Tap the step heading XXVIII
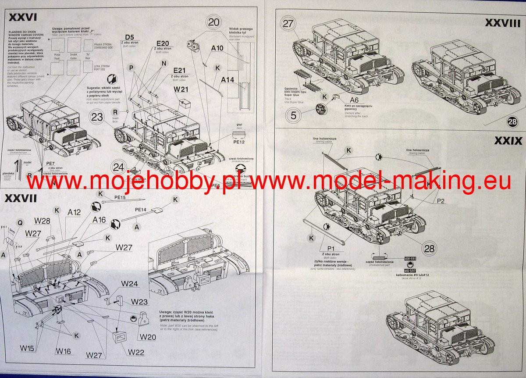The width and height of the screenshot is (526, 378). point(503,23)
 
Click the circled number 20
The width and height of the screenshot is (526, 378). point(215,22)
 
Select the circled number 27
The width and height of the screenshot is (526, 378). point(288,24)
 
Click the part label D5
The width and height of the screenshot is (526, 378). point(129,37)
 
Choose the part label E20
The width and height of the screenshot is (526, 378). point(163,43)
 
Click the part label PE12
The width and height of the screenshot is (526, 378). point(239,142)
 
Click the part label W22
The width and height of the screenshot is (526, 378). point(136,352)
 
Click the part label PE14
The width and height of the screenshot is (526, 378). point(141,210)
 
